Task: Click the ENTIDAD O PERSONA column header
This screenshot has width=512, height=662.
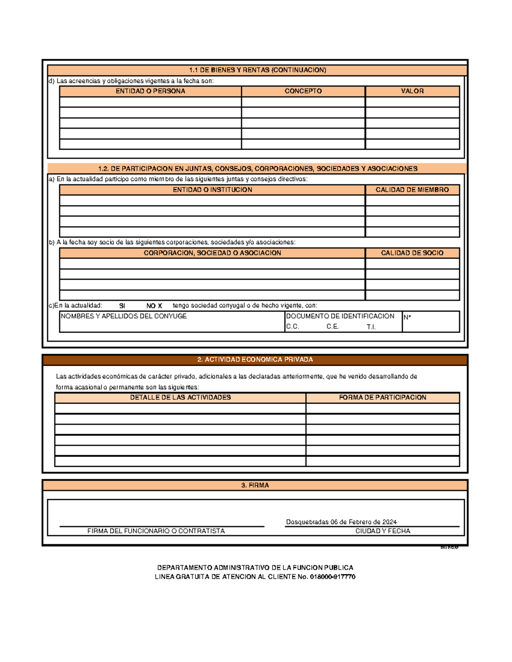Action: tap(150, 91)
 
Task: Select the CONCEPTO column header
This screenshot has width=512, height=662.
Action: tap(303, 91)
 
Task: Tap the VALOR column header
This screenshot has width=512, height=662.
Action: tap(412, 91)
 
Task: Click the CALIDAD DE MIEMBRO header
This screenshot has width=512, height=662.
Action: tap(412, 190)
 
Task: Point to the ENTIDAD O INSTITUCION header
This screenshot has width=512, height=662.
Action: tap(212, 190)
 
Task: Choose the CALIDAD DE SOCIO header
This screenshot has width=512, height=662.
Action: tap(412, 253)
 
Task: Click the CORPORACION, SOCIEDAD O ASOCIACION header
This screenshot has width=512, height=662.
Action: tap(212, 253)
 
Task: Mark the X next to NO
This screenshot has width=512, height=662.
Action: tap(160, 306)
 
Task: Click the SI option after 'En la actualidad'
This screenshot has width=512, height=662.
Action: tap(122, 306)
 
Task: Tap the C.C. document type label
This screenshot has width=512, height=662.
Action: tap(292, 327)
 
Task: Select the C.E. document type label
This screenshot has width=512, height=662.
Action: tap(332, 327)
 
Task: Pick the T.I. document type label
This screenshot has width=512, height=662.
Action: tap(371, 327)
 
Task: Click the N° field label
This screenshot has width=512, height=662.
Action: tap(407, 317)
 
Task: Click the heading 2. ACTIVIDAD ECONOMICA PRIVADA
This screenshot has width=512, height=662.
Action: tap(255, 360)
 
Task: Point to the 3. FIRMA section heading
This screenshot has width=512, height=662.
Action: tap(255, 486)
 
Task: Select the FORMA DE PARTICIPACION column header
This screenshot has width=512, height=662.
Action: tap(382, 397)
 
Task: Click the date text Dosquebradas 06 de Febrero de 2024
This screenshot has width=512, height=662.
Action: tap(341, 522)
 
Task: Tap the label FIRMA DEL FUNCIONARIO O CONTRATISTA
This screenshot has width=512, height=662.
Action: tap(156, 531)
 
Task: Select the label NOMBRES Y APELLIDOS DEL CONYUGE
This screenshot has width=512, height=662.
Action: tap(124, 316)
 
